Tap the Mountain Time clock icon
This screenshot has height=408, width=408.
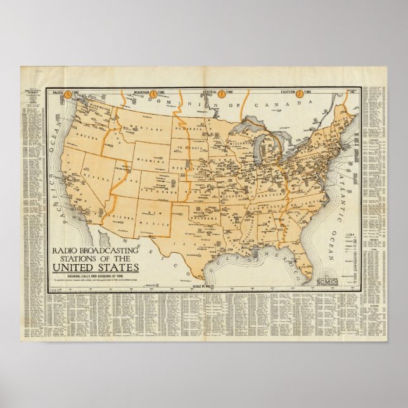[x=153, y=93]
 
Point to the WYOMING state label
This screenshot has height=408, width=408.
[x=150, y=153]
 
